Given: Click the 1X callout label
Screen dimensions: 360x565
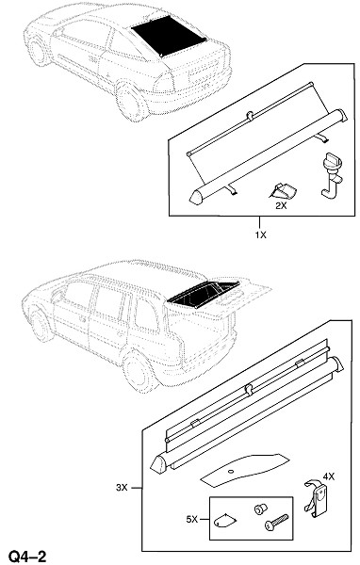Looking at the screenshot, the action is (260, 234).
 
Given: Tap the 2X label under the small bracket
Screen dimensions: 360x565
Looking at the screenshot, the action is (281, 205).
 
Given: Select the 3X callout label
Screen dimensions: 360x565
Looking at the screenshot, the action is (122, 488).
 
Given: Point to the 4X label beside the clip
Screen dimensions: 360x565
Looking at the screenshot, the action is (329, 476).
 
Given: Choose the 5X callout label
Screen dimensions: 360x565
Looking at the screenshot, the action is (192, 519).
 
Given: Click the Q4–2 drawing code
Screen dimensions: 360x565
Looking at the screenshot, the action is (27, 557).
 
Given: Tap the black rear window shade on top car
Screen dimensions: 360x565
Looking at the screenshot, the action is (169, 36).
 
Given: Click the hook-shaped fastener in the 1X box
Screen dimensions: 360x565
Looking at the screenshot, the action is (331, 175).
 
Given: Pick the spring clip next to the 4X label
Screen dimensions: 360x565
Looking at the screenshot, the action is (317, 498).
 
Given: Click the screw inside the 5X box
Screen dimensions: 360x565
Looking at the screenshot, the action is (276, 523).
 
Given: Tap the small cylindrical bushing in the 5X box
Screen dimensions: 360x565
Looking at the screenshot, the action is (260, 509).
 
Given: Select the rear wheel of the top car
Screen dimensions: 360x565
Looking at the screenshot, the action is (131, 103).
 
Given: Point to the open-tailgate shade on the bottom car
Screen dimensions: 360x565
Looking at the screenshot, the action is (204, 294).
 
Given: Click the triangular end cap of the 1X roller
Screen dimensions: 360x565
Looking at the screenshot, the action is (196, 198).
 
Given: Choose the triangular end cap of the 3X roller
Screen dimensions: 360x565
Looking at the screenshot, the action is (159, 464).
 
